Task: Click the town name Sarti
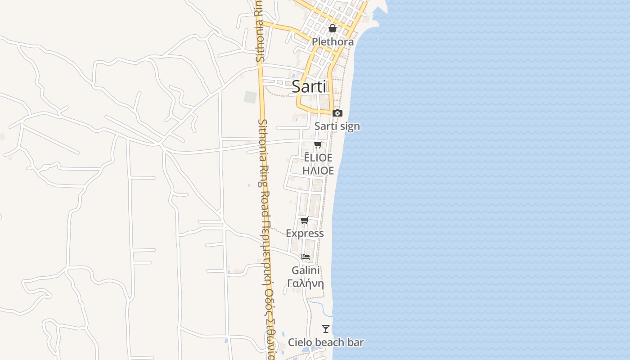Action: pyautogui.click(x=309, y=86)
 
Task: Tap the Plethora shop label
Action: pyautogui.click(x=333, y=41)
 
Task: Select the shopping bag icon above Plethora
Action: pyautogui.click(x=333, y=28)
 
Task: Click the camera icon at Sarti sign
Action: pyautogui.click(x=337, y=113)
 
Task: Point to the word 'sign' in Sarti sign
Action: pyautogui.click(x=350, y=126)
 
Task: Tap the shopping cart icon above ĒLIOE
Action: pyautogui.click(x=318, y=144)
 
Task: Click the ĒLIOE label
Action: pyautogui.click(x=318, y=157)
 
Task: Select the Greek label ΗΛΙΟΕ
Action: pyautogui.click(x=318, y=171)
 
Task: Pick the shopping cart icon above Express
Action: pyautogui.click(x=305, y=220)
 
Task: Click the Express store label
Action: pyautogui.click(x=305, y=233)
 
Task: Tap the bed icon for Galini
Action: pyautogui.click(x=306, y=257)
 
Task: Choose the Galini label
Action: pyautogui.click(x=306, y=270)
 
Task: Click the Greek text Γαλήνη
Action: pyautogui.click(x=306, y=283)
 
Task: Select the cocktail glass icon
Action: pyautogui.click(x=326, y=329)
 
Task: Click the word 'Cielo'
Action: pyautogui.click(x=299, y=342)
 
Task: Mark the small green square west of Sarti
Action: pyautogui.click(x=250, y=97)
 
